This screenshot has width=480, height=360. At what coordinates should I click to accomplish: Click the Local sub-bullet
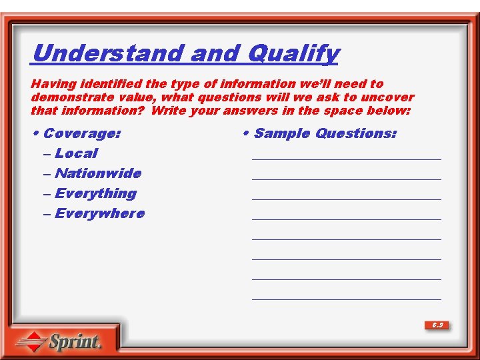coord(76,153)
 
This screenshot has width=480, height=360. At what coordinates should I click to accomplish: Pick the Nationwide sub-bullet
coord(98,173)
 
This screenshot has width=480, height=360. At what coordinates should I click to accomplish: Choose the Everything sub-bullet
coord(95,193)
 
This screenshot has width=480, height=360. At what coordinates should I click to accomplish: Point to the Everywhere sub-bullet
coord(99,213)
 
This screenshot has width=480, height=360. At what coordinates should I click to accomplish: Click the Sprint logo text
coord(75,343)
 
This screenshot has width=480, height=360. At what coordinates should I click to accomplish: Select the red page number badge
coord(437,325)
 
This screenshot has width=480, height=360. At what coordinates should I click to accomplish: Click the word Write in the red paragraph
coord(169,111)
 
